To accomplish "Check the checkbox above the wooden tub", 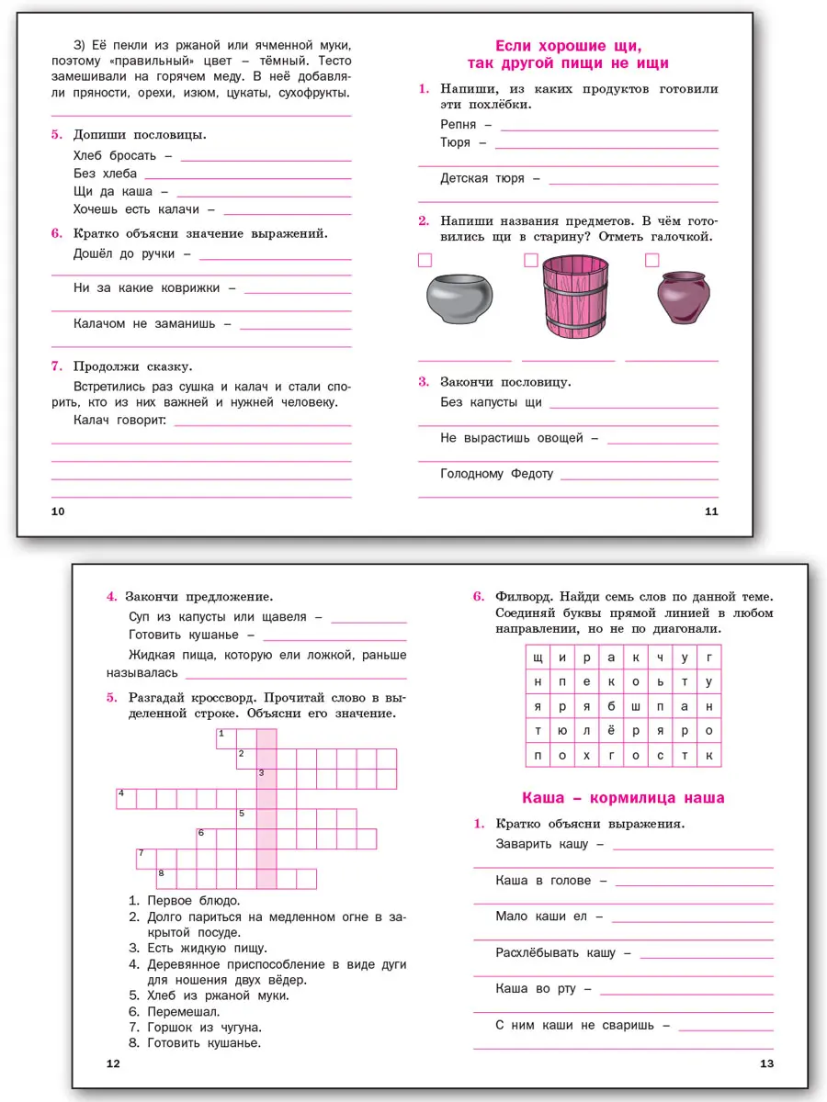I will (530, 261).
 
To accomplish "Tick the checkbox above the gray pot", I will (425, 261).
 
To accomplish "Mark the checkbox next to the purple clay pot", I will (651, 261).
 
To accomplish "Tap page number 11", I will (710, 512).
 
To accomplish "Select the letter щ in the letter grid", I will (537, 658).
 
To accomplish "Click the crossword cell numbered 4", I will (126, 797).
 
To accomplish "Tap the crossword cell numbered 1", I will (226, 737).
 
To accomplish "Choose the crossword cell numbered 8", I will (166, 877).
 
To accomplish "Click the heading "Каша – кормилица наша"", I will (622, 797).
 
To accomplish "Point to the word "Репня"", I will (459, 124).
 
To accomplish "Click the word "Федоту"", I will (529, 474).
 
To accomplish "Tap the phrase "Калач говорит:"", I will (119, 420).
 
